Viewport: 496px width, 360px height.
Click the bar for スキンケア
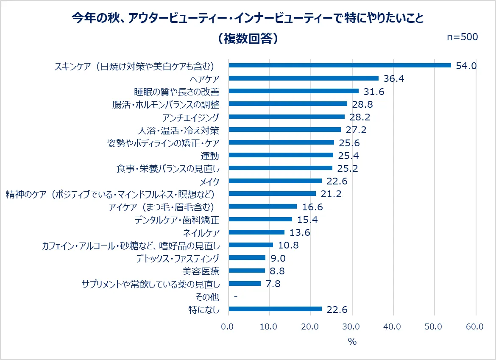pos(340,65)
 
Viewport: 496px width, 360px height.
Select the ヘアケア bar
pos(304,78)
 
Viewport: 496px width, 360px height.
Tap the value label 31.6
pos(374,91)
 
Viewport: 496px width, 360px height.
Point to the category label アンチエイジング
pos(191,117)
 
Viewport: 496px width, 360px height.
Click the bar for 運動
pos(281,155)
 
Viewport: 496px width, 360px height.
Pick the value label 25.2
pos(348,168)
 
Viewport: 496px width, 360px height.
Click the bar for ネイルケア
pos(256,232)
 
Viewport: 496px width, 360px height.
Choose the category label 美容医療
pos(201,271)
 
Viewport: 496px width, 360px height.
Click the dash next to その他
pos(235,296)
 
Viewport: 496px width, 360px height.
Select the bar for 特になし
pos(275,309)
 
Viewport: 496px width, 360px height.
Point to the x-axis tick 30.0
pos(352,327)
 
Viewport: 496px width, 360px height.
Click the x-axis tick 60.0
pos(475,327)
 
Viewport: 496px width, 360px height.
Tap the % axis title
pos(352,341)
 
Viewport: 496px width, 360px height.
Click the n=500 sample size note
pos(463,37)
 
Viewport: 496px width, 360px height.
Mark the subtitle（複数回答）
pos(248,38)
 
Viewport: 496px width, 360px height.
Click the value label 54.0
pos(466,65)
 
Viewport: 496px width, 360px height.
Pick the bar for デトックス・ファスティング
pos(247,258)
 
